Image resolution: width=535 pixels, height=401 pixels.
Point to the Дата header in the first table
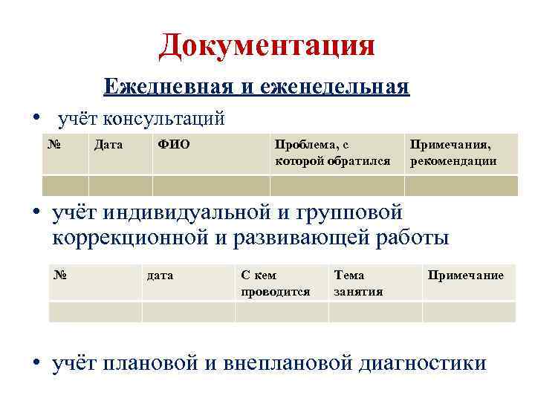(108, 144)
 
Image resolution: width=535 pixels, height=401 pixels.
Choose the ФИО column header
(174, 144)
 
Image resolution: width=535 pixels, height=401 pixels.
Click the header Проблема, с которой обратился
(332, 152)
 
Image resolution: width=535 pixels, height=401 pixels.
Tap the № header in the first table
(53, 144)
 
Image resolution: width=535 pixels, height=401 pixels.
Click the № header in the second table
(62, 275)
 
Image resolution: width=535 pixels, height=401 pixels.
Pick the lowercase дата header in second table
(160, 276)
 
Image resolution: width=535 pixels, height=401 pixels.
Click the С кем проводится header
(275, 283)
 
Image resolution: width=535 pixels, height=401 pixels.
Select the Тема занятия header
(359, 283)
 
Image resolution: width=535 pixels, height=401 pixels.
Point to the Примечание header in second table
(465, 276)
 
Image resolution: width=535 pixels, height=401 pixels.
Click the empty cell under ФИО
(211, 185)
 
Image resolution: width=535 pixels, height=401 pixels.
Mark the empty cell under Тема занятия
(375, 312)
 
